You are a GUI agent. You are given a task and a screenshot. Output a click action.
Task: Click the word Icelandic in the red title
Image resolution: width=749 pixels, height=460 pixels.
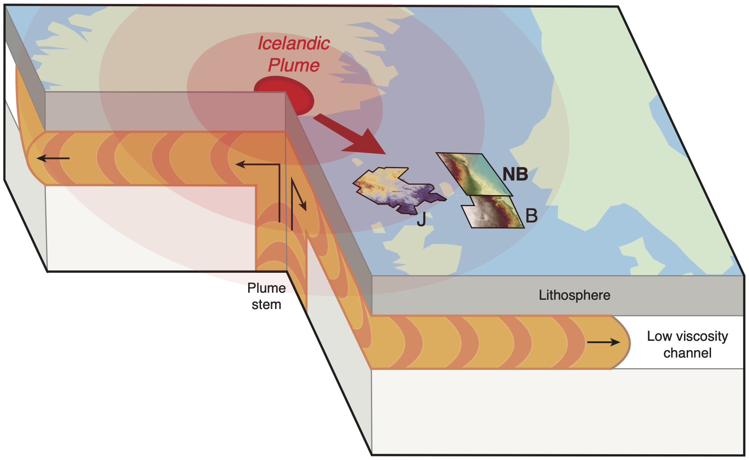click(294, 43)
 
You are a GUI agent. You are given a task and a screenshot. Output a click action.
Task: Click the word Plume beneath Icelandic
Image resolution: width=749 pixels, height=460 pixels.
click(294, 65)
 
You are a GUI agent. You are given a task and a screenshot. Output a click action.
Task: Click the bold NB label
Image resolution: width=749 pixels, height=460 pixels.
click(515, 174)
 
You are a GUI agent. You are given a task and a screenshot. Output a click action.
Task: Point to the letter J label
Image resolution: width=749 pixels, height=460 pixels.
click(421, 219)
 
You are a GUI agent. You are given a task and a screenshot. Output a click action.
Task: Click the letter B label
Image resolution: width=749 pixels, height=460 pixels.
click(532, 216)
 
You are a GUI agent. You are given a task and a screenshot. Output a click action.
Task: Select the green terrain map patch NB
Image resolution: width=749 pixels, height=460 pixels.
click(475, 173)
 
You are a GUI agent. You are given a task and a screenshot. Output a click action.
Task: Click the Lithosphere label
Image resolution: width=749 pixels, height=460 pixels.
click(574, 295)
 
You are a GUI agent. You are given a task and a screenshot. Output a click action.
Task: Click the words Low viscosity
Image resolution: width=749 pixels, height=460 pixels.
click(687, 336)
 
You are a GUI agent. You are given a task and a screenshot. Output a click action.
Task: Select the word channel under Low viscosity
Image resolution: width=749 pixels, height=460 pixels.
click(687, 353)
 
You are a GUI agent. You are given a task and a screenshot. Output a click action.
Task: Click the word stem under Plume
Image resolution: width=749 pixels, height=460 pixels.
click(266, 305)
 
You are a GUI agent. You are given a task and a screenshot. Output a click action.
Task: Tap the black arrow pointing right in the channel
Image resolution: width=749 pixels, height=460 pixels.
click(603, 342)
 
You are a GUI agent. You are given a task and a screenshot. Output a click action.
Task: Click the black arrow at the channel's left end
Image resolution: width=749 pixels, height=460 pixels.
click(53, 158)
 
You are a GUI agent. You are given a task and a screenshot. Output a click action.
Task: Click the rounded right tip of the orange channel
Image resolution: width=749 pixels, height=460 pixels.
click(624, 342)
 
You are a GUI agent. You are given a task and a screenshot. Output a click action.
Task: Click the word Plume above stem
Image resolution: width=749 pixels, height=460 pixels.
click(266, 288)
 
